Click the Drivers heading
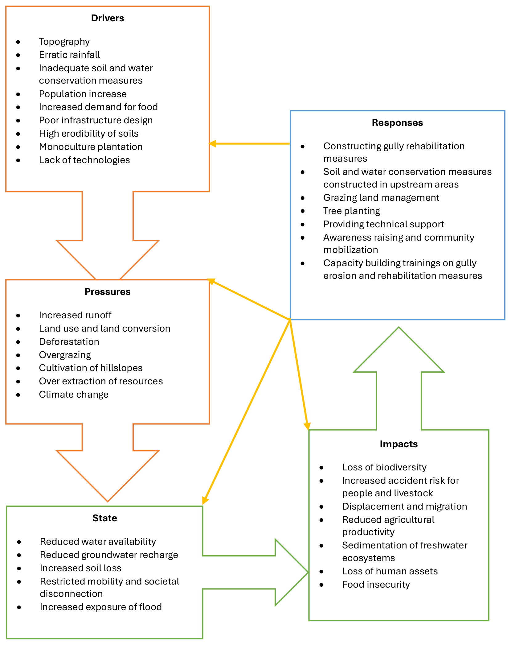point(107,18)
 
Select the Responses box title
point(397,123)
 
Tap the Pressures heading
point(107,292)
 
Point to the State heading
point(104,518)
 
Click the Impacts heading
point(399,444)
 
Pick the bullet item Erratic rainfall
point(69,55)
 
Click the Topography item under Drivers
point(64,42)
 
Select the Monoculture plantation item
point(91,147)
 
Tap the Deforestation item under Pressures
point(69,342)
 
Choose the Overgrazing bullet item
point(65,355)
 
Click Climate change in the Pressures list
point(74,395)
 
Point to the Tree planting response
point(351,211)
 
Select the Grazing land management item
point(381,198)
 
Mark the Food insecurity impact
point(376,585)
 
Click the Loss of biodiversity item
point(384,467)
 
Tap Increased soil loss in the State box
point(80,568)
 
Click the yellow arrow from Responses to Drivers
point(250,144)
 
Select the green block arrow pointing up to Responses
point(399,376)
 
